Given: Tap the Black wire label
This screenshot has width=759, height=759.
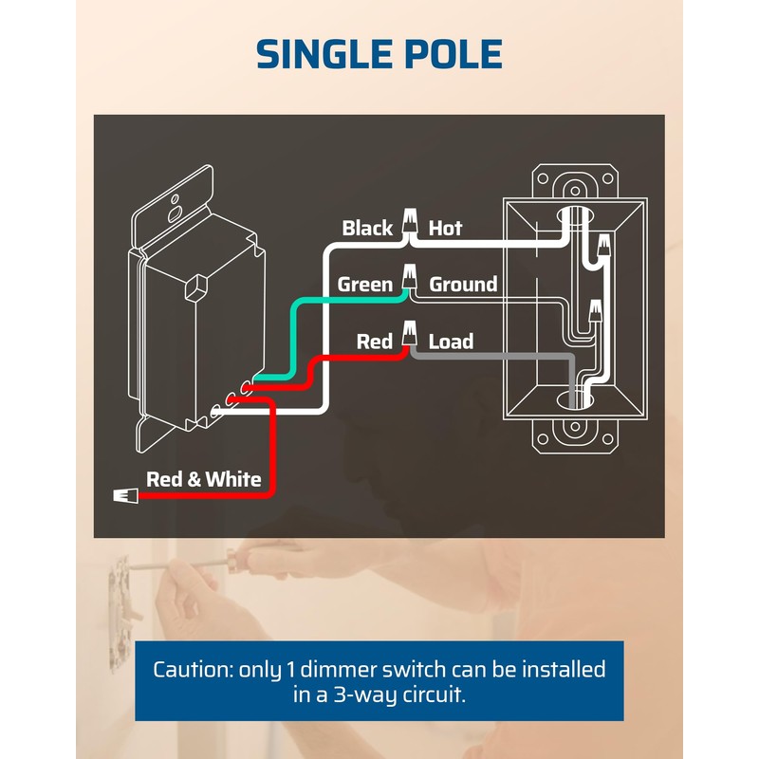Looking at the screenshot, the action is (367, 228).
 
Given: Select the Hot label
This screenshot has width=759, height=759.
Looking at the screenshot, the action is (445, 228).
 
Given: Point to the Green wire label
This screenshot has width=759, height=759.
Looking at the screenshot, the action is (365, 285).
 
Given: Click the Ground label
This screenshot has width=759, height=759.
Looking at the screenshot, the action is (463, 285).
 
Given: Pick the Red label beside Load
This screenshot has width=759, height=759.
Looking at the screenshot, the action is (374, 342).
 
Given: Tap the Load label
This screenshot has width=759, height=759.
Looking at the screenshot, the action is (451, 342).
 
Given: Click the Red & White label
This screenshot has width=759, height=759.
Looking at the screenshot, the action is (204, 479).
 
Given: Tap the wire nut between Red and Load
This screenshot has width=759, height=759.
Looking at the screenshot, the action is (410, 333).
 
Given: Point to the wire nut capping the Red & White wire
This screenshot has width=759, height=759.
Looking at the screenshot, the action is (125, 495).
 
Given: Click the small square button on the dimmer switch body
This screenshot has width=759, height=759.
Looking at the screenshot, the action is (196, 287).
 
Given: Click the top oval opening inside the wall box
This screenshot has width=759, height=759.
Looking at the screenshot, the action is (575, 216).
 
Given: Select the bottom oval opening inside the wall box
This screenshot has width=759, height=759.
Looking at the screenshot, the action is (575, 400).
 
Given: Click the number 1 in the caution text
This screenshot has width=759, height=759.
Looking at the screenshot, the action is (290, 670).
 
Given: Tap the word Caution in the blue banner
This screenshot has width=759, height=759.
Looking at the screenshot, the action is (193, 670).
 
